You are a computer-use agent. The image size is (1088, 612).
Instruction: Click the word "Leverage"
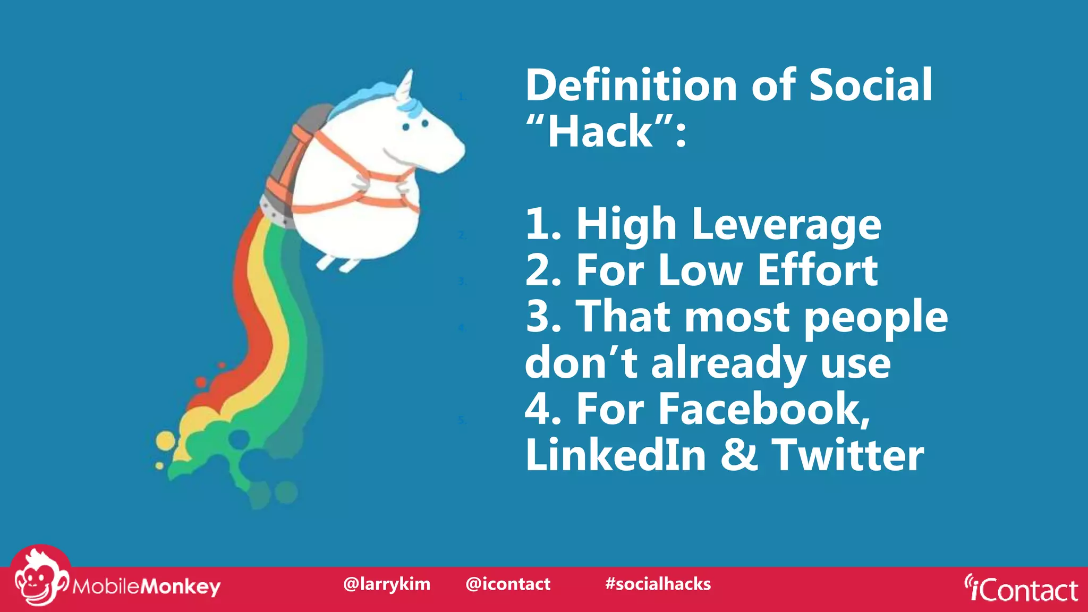[786, 225]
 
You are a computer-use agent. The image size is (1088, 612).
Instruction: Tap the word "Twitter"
[848, 455]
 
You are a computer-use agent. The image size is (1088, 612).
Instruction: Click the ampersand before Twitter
[739, 455]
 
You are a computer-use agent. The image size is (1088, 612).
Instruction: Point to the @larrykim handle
[387, 584]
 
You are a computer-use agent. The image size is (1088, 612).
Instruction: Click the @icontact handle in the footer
[508, 584]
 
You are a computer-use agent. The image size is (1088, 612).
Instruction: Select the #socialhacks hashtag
[658, 584]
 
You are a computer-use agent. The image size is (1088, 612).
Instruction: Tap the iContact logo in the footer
[1021, 589]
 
